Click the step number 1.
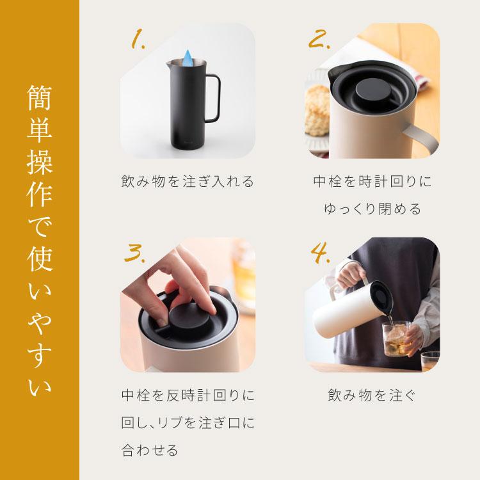coord(138,40)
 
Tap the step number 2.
coord(318,40)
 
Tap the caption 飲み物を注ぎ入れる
coord(188,182)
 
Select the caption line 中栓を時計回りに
coord(372,182)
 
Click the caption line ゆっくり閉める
coord(372,209)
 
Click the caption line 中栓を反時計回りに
coord(188,395)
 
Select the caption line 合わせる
coord(149,450)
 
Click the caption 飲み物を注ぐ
coord(372,395)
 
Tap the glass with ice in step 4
coord(401,340)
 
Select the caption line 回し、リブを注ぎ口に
coord(188,422)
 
